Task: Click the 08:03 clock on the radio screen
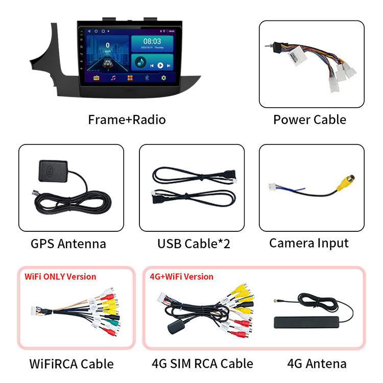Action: (x=152, y=41)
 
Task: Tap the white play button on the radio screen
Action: (x=160, y=65)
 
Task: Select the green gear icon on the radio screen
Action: (x=164, y=78)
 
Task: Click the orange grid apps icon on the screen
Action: (x=130, y=78)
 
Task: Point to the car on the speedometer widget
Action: (x=108, y=63)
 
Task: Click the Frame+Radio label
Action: (x=127, y=119)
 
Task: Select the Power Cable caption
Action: (x=309, y=119)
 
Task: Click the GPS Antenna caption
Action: (x=68, y=244)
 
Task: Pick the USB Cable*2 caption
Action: (x=194, y=244)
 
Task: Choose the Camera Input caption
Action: (x=309, y=243)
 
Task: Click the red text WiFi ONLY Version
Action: (x=60, y=277)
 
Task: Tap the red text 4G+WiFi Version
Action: (x=182, y=277)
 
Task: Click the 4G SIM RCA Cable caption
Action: (x=202, y=364)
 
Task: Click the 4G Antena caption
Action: (x=317, y=364)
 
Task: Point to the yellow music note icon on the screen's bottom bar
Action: (x=113, y=78)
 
